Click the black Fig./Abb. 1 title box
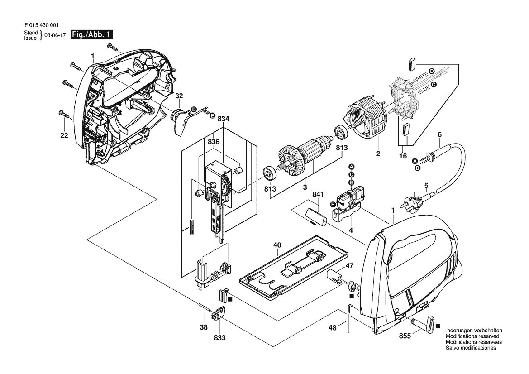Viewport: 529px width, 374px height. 91,35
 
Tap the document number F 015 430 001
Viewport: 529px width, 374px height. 42,25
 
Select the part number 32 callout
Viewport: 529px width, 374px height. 179,96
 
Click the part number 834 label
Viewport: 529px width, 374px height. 224,119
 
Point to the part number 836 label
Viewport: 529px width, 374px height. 214,142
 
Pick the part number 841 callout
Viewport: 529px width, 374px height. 318,194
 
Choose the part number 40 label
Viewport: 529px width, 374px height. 277,245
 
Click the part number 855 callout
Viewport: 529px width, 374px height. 405,336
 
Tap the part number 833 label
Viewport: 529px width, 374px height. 219,337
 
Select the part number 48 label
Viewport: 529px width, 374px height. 333,328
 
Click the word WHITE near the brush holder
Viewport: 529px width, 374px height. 421,77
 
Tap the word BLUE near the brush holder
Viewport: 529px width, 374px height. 424,89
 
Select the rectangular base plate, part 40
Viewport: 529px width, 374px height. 294,267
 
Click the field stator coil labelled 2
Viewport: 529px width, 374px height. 367,119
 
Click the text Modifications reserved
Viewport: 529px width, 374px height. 472,336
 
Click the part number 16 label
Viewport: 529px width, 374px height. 403,156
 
